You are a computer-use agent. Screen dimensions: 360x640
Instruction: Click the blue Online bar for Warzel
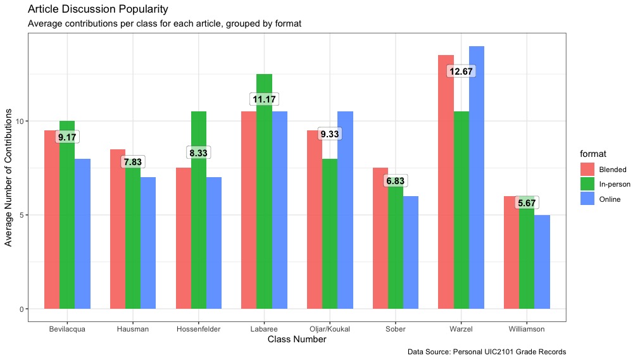coord(477,177)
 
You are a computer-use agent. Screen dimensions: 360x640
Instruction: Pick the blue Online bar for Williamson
coord(542,262)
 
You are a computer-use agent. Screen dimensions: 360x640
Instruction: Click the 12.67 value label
coord(461,71)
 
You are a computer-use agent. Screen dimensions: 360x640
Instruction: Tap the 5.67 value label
coord(527,203)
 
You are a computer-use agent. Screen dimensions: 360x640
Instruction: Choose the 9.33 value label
coord(330,134)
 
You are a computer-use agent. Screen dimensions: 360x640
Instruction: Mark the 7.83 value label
coord(133,162)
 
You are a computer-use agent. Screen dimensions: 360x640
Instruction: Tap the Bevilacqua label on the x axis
coord(66,330)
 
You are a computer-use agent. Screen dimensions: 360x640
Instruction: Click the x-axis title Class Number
coord(297,340)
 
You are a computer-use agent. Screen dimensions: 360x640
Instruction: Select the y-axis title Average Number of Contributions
coord(9,177)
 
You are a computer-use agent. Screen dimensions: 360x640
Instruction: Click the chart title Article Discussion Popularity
coord(98,9)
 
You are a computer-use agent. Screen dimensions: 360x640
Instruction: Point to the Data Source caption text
coord(486,352)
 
